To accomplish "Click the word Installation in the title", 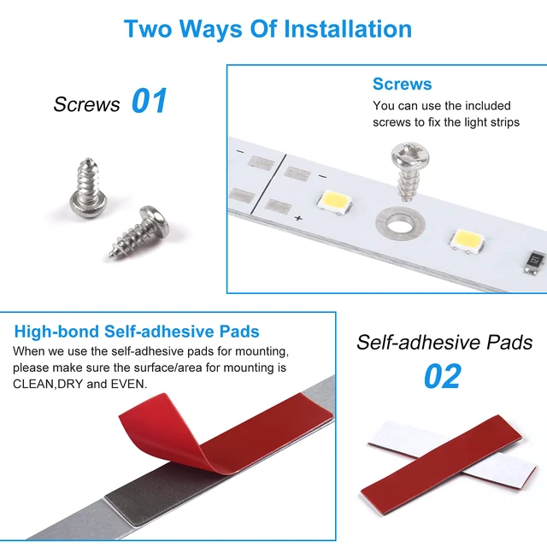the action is click(348, 28).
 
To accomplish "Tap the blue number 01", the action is click(150, 101).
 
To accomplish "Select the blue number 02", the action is click(443, 376).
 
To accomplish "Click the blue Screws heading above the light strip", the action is click(402, 84).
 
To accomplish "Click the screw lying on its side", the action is click(139, 232).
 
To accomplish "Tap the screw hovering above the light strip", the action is click(409, 171).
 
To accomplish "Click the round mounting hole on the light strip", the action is click(400, 223).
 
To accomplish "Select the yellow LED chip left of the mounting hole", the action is click(334, 201).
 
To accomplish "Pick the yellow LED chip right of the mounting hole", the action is click(467, 240).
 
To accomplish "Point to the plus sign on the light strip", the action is click(298, 219).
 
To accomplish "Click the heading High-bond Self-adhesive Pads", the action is click(137, 331).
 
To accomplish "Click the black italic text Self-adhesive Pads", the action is click(444, 342).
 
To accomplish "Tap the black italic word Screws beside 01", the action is click(86, 104).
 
